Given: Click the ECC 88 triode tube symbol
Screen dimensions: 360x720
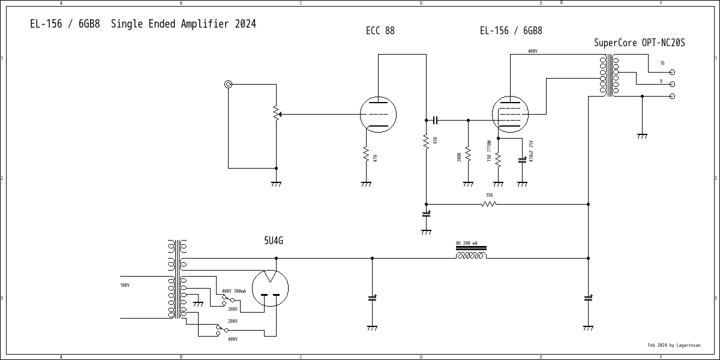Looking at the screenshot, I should pyautogui.click(x=378, y=114).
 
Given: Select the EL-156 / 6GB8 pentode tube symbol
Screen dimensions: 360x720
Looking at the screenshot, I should pyautogui.click(x=510, y=114).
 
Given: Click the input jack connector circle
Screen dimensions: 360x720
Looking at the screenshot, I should pyautogui.click(x=228, y=84).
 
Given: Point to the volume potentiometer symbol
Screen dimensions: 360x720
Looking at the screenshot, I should pyautogui.click(x=276, y=113).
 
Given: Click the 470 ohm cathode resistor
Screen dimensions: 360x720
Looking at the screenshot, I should pyautogui.click(x=366, y=155).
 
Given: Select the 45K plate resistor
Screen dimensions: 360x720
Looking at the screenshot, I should pyautogui.click(x=426, y=142).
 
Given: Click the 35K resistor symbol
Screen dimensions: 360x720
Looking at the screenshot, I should pyautogui.click(x=489, y=204).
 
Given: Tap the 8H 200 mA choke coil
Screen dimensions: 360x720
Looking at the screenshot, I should pyautogui.click(x=471, y=255).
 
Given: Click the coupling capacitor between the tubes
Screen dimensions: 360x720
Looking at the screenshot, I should pyautogui.click(x=436, y=120).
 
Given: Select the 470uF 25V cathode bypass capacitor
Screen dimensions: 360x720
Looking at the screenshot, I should pyautogui.click(x=522, y=160).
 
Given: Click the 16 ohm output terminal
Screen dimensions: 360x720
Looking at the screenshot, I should pyautogui.click(x=672, y=72).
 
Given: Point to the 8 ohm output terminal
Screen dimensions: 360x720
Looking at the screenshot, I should pyautogui.click(x=672, y=84).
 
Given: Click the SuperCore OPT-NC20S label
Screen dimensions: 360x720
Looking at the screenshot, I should pyautogui.click(x=639, y=43).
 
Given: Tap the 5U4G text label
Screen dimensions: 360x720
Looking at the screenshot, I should pyautogui.click(x=274, y=241).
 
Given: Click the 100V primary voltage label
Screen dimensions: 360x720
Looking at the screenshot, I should pyautogui.click(x=125, y=285).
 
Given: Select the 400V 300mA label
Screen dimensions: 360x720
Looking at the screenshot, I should pyautogui.click(x=233, y=291).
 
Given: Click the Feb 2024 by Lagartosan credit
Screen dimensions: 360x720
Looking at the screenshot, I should pyautogui.click(x=674, y=346).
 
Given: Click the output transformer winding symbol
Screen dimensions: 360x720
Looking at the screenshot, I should pyautogui.click(x=609, y=76).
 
